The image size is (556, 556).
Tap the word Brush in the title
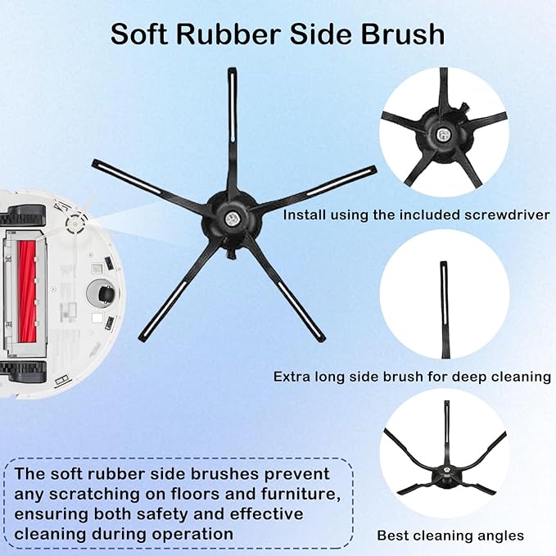[405, 34]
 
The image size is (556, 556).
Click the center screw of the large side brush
[232, 218]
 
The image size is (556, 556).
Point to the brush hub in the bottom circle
[446, 473]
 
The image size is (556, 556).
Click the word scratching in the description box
[89, 493]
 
